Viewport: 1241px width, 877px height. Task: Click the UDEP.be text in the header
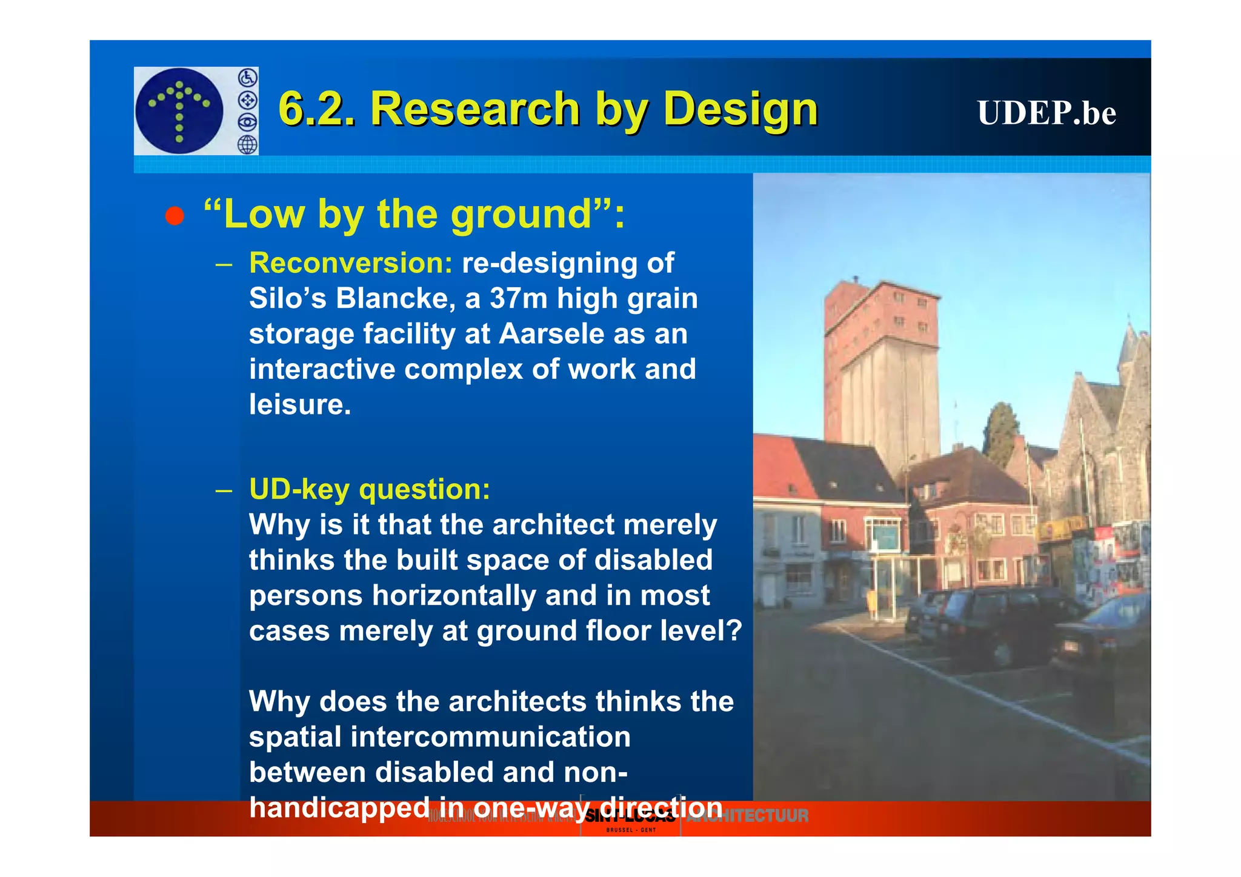point(1046,113)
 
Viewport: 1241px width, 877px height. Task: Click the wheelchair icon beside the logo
point(247,78)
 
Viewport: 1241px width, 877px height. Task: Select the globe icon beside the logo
point(247,144)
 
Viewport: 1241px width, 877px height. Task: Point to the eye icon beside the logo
point(247,122)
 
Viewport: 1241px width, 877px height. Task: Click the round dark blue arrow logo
point(179,110)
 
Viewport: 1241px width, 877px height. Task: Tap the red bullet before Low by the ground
point(175,216)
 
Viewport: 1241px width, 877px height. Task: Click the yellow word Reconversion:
point(350,263)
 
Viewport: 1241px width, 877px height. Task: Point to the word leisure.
point(299,404)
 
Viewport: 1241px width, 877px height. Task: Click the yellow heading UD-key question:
point(369,489)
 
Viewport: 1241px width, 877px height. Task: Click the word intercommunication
point(490,737)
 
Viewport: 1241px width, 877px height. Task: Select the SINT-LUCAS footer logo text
point(630,816)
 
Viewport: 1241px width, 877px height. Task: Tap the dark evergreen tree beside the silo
point(1000,433)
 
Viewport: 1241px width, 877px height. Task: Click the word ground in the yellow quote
point(520,215)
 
